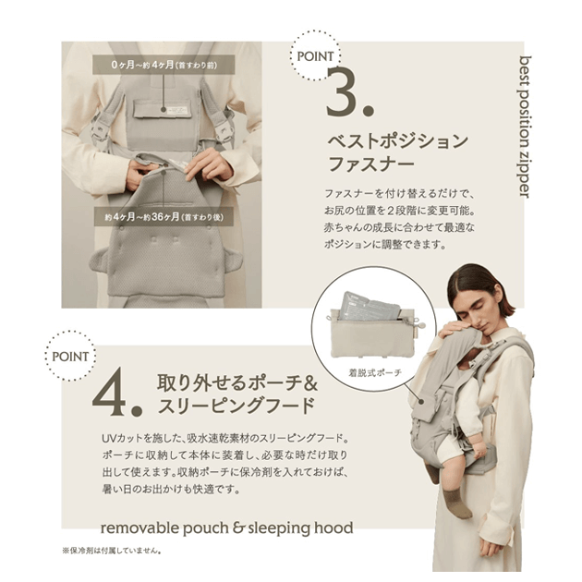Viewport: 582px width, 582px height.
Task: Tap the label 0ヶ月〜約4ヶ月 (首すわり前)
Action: point(164,65)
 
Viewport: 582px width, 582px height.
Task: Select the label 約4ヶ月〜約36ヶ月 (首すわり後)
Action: point(164,217)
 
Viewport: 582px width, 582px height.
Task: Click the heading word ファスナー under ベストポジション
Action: point(371,164)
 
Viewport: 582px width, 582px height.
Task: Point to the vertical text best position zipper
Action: point(526,127)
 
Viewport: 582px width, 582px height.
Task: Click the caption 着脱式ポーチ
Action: point(375,372)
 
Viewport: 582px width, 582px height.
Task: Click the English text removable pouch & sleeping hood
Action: point(226,527)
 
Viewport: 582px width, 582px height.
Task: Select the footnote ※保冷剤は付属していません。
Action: point(112,551)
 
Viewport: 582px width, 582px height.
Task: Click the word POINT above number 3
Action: point(315,56)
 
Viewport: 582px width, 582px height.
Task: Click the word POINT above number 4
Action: point(70,357)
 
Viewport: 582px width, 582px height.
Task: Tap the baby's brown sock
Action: point(456,503)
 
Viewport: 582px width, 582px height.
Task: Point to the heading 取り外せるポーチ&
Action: point(237,382)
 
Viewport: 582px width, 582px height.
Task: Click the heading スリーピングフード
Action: point(236,406)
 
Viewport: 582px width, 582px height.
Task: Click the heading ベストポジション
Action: point(398,141)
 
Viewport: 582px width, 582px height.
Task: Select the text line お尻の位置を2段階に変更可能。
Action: point(400,211)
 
